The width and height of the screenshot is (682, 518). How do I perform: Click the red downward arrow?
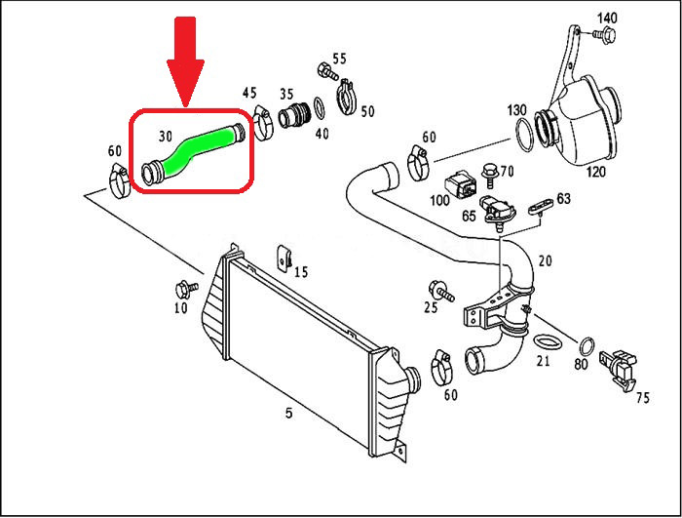point(185,61)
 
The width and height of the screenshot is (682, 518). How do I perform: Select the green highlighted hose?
point(194,151)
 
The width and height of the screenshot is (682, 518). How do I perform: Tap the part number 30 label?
point(166,137)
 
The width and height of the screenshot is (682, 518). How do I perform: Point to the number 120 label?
point(595,172)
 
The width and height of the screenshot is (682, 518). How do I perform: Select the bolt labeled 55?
point(327,71)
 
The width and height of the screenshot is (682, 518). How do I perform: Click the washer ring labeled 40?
point(320,108)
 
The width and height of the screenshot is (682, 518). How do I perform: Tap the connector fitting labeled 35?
point(294,114)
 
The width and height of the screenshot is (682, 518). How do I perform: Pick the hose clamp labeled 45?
point(263,123)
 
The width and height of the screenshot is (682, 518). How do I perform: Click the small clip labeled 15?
point(284,258)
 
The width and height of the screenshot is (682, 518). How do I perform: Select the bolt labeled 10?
point(186,289)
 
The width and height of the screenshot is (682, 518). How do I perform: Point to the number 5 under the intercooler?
point(289,412)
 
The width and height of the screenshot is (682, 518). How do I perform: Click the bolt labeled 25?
point(441,292)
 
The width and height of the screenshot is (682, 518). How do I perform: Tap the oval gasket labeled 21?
point(548,341)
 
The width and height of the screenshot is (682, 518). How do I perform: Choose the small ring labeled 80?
point(587,347)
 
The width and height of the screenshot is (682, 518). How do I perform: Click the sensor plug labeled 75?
point(618,368)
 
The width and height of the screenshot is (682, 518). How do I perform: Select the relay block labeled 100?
point(460,184)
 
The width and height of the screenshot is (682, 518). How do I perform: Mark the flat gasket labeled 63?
point(541,207)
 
